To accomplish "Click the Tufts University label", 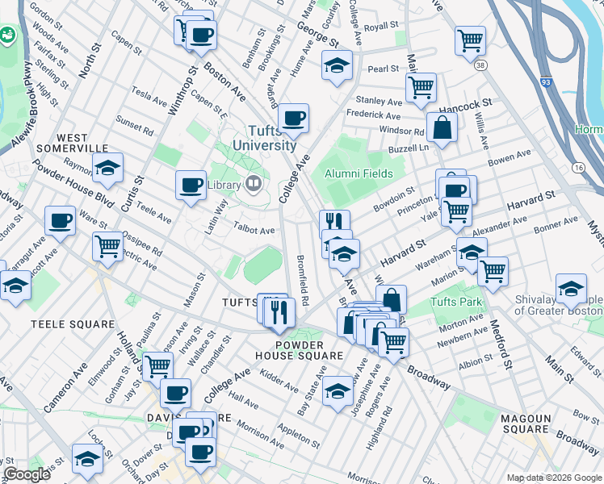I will (264, 139).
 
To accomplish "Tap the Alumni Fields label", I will (359, 173).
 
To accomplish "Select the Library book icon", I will (254, 185).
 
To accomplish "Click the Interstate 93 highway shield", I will (547, 81).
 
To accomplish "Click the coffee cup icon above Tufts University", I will (294, 119).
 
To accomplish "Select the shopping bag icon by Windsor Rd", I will (442, 127).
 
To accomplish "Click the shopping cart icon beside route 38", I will (470, 40).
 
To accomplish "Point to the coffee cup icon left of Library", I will (191, 185).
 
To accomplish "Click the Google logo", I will (27, 474).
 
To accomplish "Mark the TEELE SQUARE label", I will (72, 323).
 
